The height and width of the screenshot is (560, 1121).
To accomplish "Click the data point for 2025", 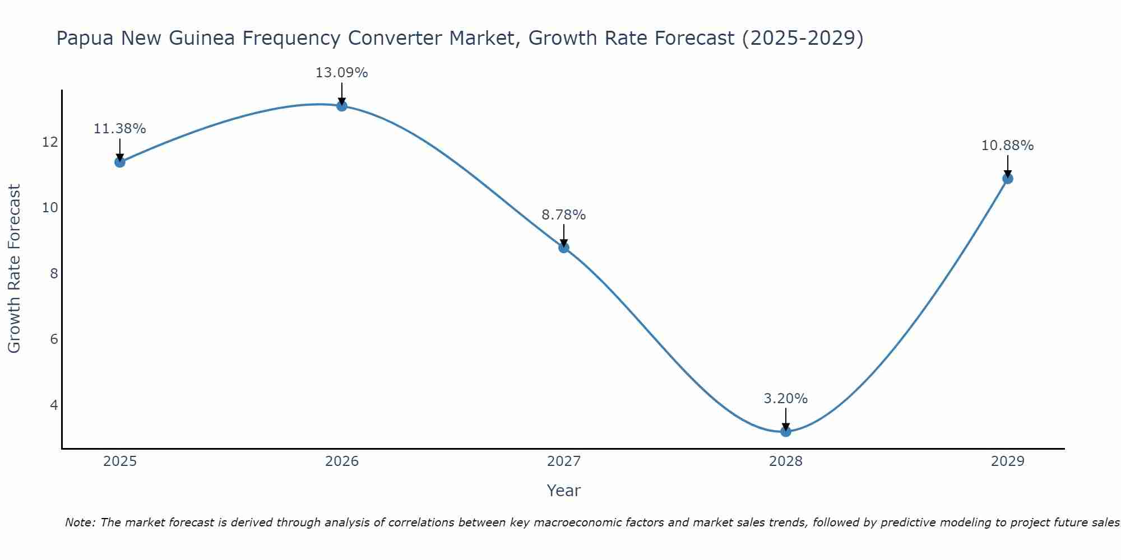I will (x=119, y=162).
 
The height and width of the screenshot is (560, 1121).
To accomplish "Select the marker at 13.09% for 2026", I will (x=342, y=106).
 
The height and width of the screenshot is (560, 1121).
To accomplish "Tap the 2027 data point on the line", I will (x=564, y=248).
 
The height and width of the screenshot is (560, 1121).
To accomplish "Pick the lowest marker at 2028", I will (x=786, y=431).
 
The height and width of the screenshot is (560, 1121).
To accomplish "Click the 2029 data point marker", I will (x=1007, y=179).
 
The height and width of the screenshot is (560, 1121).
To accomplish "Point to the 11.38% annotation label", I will (x=119, y=129).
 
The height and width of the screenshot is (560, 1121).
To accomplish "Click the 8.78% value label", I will (x=564, y=215).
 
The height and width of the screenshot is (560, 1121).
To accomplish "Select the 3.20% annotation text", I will (x=786, y=399).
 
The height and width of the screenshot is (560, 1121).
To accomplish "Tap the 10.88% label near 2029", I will (x=1007, y=146).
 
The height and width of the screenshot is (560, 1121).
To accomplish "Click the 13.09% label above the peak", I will (x=342, y=73).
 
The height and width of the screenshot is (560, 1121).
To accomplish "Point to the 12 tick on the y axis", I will (x=50, y=142).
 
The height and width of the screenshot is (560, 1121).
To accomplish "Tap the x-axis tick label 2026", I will (x=342, y=461).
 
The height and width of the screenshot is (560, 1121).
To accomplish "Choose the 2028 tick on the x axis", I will (x=786, y=461).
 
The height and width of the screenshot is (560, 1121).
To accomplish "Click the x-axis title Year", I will (x=564, y=491).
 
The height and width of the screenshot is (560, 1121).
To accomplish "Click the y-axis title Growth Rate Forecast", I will (x=14, y=269).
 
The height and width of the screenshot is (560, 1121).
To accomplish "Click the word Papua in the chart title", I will (x=85, y=39).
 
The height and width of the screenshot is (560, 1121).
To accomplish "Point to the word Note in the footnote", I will (x=80, y=522).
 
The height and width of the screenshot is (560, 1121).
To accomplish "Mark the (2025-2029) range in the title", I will (x=803, y=39).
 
